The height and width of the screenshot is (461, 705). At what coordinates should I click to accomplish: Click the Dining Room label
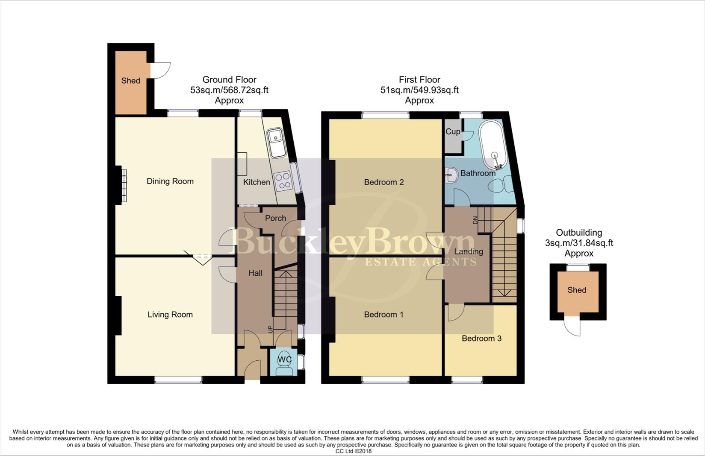[170, 181]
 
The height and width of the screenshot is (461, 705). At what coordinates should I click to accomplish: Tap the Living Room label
[170, 315]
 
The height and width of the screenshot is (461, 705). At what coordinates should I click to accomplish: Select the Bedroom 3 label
[481, 338]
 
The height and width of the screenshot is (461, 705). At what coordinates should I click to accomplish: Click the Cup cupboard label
[453, 131]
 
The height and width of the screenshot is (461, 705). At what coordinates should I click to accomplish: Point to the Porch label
[275, 218]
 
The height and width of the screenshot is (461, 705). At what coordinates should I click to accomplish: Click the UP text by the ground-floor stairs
[270, 329]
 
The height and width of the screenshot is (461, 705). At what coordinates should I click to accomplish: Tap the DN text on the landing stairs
[475, 220]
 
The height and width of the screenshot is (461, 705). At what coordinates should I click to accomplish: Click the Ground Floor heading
[229, 80]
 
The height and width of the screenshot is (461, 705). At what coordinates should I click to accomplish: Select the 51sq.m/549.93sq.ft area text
[419, 90]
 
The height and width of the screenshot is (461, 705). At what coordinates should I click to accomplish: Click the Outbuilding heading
[579, 233]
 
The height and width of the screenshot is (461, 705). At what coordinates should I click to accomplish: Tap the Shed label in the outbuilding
[577, 290]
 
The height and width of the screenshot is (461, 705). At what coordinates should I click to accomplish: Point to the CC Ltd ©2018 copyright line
[353, 451]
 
